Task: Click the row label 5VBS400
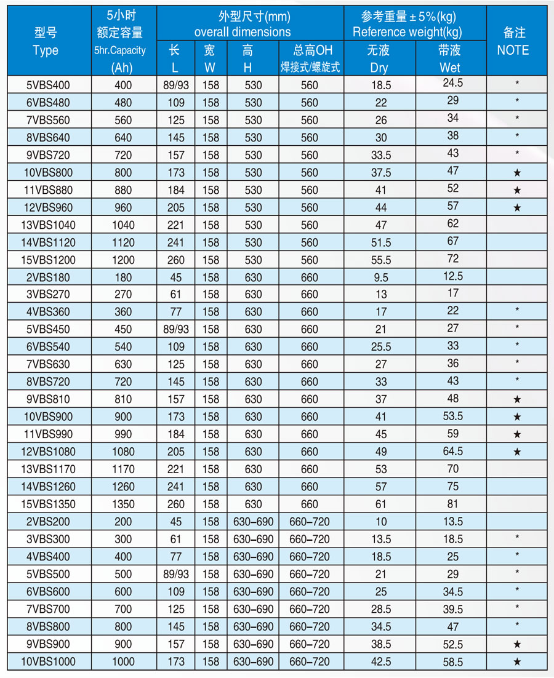pos(49,85)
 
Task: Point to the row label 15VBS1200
pos(49,260)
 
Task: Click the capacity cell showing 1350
pos(123,504)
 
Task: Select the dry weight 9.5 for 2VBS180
pos(379,277)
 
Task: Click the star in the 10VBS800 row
pos(517,173)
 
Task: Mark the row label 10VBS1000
pos(49,661)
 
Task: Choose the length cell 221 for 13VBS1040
pos(175,225)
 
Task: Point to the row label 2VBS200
pos(49,522)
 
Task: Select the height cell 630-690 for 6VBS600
pos(252,592)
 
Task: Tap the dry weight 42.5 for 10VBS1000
pos(379,661)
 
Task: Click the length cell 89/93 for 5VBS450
pos(175,329)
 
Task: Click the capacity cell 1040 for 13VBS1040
pos(123,225)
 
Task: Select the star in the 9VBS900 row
pos(517,644)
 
